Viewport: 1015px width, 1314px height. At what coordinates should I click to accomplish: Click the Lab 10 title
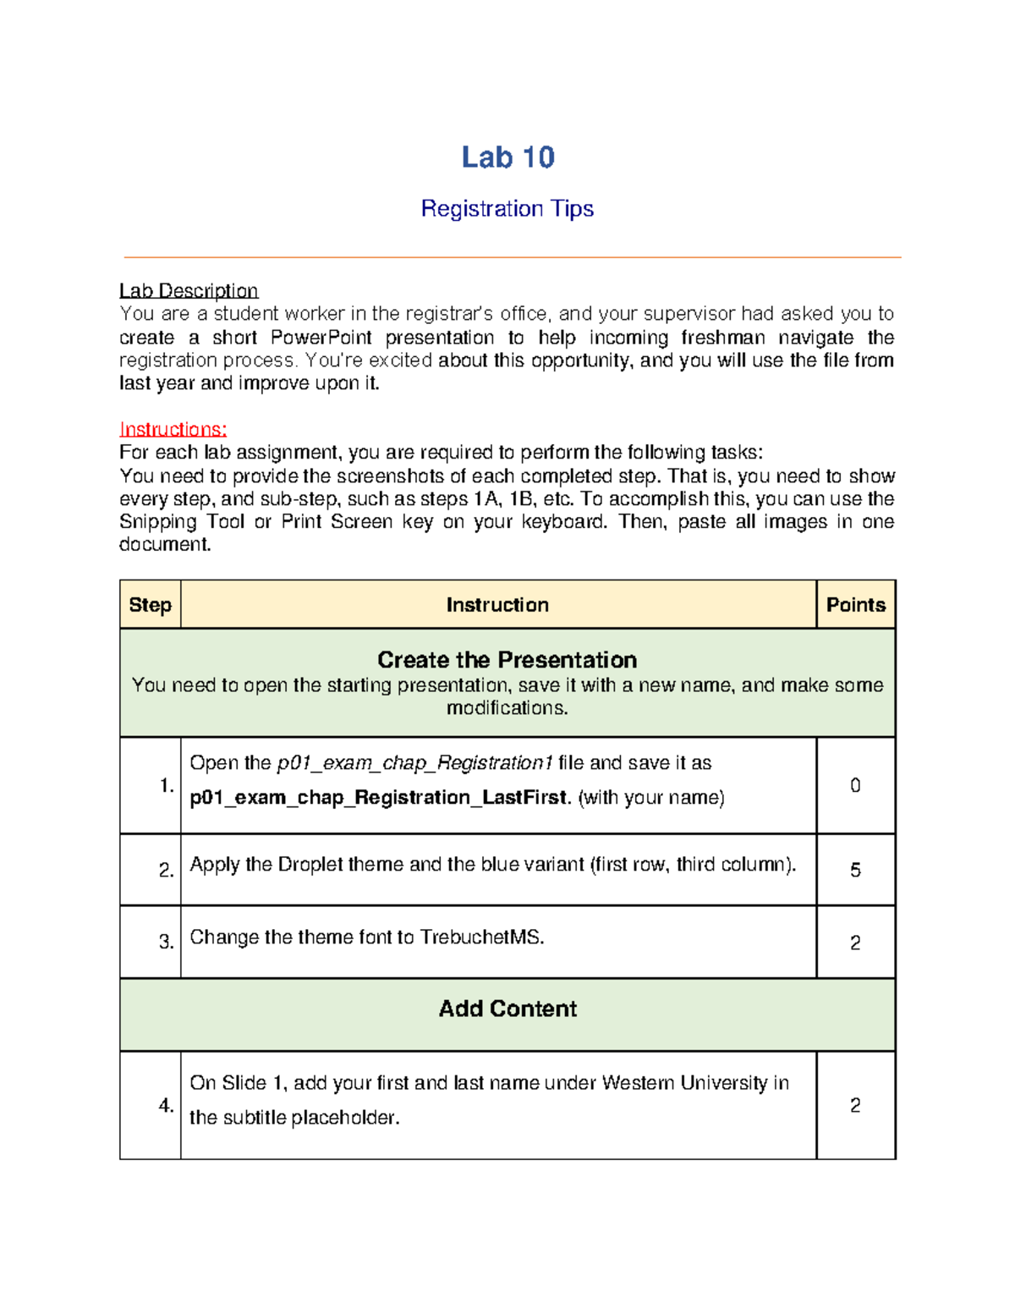(507, 157)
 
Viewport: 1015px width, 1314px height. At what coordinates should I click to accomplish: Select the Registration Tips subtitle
(507, 208)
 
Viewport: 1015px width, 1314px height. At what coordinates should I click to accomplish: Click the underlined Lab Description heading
(188, 290)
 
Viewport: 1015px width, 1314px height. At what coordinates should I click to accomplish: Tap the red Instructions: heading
(173, 429)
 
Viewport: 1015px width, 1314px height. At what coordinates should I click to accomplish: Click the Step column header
(150, 605)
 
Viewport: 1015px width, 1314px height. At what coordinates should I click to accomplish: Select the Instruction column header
(497, 605)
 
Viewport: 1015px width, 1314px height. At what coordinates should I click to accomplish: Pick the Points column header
(855, 605)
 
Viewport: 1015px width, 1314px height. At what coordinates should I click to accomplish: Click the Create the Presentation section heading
(507, 659)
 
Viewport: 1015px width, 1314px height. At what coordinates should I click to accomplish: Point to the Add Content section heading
(507, 1009)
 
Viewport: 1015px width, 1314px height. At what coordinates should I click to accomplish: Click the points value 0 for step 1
(855, 785)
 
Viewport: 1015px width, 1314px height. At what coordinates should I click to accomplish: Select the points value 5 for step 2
(855, 870)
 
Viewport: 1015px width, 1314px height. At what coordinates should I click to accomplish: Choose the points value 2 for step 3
(855, 943)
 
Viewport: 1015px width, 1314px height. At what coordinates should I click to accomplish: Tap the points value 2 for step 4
(855, 1105)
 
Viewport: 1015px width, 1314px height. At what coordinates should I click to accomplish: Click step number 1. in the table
(167, 785)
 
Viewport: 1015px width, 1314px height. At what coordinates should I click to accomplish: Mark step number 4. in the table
(167, 1105)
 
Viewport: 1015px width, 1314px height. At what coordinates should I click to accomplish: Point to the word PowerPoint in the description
(321, 338)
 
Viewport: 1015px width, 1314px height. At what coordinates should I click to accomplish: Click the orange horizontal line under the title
(512, 257)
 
